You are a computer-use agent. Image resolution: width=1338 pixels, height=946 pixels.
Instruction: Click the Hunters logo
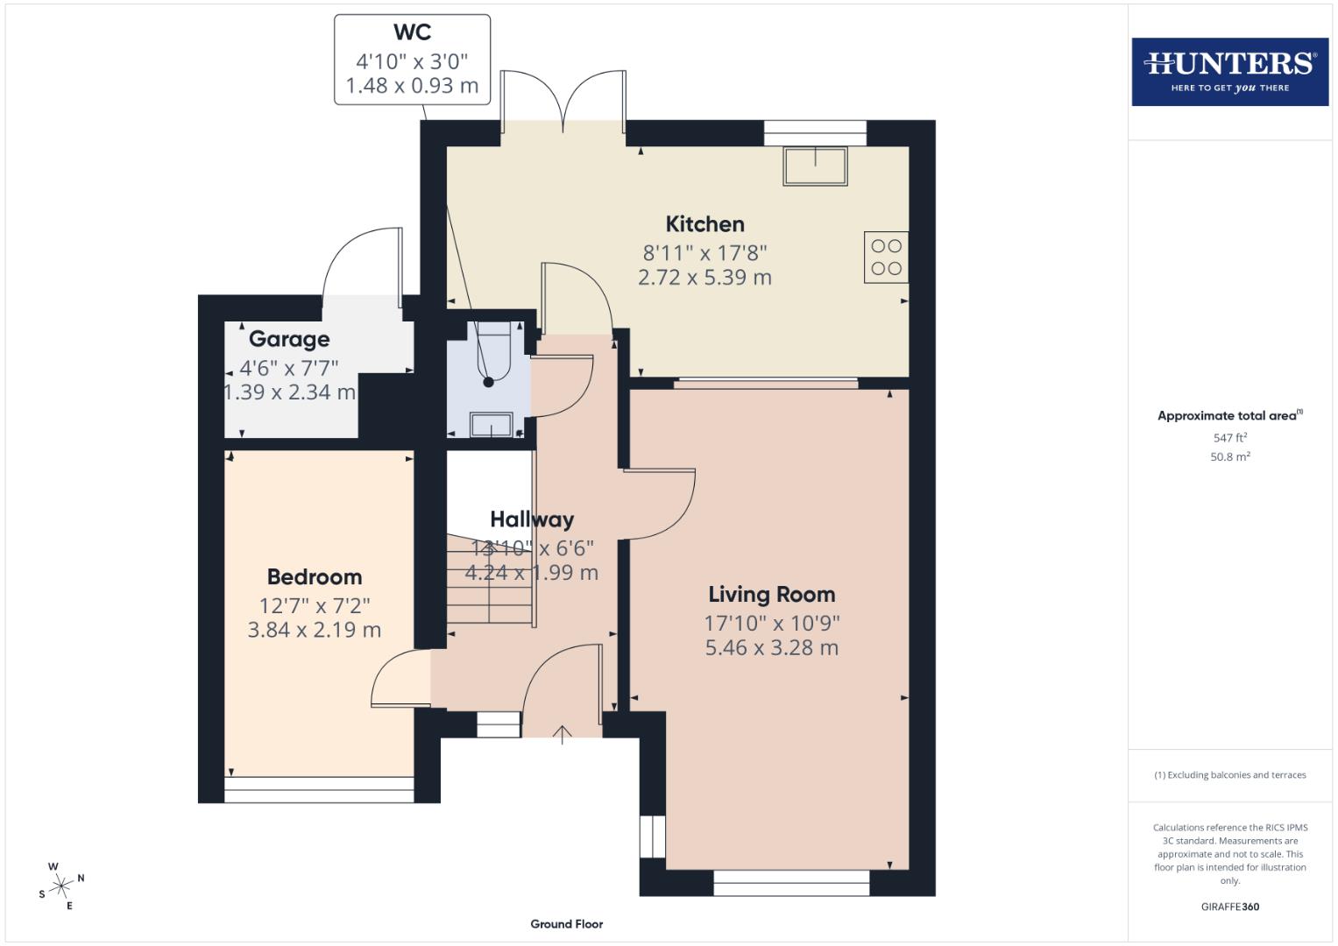pyautogui.click(x=1229, y=71)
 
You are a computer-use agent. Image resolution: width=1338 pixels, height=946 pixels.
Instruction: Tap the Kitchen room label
pyautogui.click(x=704, y=224)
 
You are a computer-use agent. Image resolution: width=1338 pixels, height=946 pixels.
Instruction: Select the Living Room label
pyautogui.click(x=771, y=595)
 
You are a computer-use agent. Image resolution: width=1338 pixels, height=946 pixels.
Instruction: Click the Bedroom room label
pyautogui.click(x=314, y=577)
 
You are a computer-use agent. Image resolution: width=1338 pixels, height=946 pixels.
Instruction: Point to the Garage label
pyautogui.click(x=289, y=339)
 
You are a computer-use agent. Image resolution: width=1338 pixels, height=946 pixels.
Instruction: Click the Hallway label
pyautogui.click(x=532, y=519)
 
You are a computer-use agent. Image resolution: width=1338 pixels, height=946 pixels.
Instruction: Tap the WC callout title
pyautogui.click(x=412, y=32)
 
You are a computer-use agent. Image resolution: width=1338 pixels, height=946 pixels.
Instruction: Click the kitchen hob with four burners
pyautogui.click(x=886, y=258)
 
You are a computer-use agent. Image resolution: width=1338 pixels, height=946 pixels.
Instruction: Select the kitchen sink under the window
pyautogui.click(x=816, y=166)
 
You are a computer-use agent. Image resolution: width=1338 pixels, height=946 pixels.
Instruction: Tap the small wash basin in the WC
pyautogui.click(x=492, y=425)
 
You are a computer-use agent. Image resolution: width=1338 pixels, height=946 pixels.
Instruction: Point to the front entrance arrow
pyautogui.click(x=562, y=734)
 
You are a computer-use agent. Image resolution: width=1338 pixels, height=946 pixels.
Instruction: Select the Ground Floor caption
pyautogui.click(x=566, y=924)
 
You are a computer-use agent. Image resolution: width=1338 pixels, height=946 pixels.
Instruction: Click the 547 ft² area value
pyautogui.click(x=1229, y=438)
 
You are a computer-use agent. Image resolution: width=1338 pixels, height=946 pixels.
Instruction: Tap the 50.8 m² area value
pyautogui.click(x=1229, y=456)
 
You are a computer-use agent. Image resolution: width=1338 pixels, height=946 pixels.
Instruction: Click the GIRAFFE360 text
pyautogui.click(x=1229, y=907)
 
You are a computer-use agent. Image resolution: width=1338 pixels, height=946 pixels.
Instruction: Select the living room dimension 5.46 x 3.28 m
pyautogui.click(x=771, y=648)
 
